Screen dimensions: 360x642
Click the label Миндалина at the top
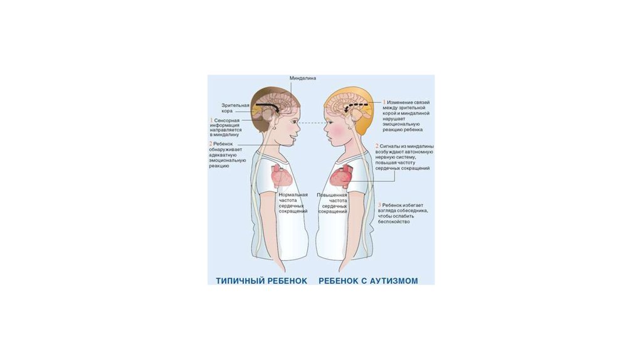303,78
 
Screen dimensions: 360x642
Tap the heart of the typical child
281,177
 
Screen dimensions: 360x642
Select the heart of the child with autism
342,177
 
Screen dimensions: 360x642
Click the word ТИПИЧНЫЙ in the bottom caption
236,280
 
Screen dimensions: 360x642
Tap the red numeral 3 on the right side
379,205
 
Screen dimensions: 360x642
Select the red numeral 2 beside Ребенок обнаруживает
211,144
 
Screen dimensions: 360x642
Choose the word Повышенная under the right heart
332,194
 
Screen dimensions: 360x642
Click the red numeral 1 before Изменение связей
384,102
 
